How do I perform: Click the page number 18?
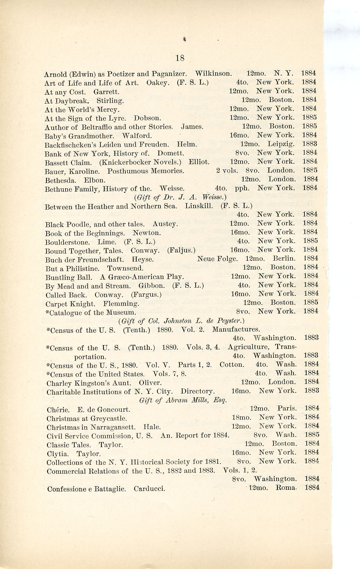click(180, 58)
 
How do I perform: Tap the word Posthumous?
click(127, 171)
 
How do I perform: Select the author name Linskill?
click(199, 206)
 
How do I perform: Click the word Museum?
click(123, 312)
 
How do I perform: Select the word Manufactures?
click(236, 329)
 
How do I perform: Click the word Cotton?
click(232, 364)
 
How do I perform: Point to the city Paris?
click(287, 408)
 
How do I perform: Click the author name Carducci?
click(149, 489)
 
